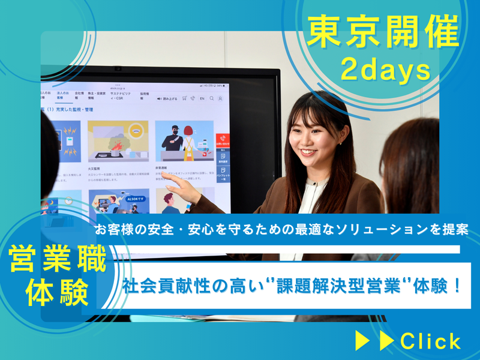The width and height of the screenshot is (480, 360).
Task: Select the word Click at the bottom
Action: (431, 341)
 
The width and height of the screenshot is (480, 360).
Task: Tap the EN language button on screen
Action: (202, 98)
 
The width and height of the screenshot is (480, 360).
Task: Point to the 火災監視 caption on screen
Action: (96, 170)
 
